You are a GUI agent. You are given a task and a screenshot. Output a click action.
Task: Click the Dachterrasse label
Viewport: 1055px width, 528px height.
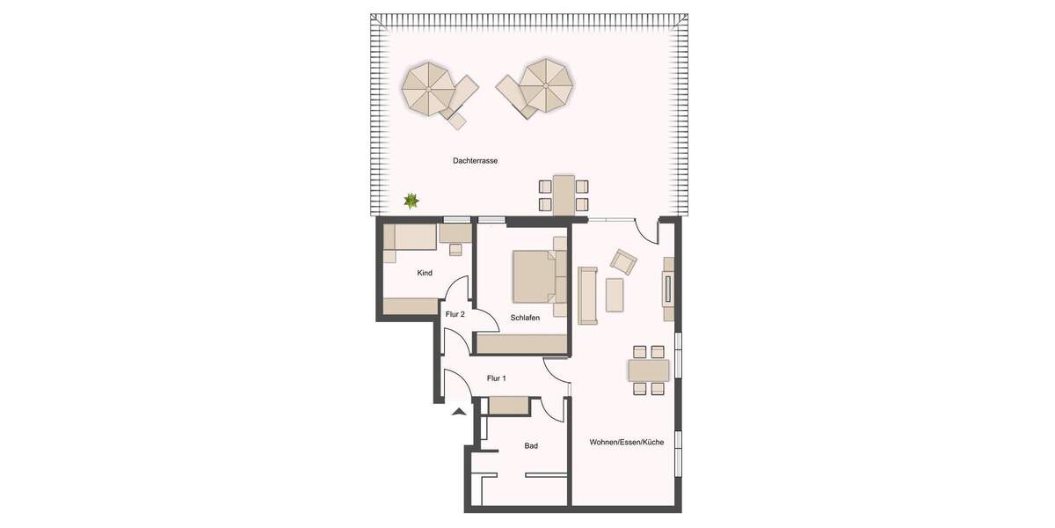475,161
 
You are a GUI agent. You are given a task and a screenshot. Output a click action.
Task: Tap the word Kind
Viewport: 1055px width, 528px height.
425,273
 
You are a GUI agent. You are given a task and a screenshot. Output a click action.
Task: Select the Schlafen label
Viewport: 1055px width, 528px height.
524,318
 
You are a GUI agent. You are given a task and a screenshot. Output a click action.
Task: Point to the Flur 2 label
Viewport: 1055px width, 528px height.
455,314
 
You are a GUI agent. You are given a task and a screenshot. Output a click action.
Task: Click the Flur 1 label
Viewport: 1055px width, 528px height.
497,378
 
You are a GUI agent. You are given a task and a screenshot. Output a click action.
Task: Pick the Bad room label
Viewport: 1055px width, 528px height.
531,446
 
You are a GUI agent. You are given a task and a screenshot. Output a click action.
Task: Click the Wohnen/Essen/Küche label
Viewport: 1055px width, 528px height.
626,442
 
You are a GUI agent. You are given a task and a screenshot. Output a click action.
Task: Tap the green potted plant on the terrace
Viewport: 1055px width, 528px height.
411,202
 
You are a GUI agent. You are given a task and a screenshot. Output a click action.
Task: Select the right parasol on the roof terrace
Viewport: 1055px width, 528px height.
545,85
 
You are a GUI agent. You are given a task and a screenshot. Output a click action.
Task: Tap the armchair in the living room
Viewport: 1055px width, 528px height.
624,261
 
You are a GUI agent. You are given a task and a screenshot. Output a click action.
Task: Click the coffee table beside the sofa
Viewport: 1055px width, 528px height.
614,295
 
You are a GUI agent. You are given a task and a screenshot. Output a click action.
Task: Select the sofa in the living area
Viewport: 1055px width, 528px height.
587,295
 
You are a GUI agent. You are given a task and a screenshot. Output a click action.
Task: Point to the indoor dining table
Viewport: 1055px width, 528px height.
649,370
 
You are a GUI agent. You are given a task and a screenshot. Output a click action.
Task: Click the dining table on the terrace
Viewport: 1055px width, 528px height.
563,194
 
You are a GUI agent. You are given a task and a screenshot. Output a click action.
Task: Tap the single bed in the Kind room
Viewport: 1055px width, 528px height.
411,237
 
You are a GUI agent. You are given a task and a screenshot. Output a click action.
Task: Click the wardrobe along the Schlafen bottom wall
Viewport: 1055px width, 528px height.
520,343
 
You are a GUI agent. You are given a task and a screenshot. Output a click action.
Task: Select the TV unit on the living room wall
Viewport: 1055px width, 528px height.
668,289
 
